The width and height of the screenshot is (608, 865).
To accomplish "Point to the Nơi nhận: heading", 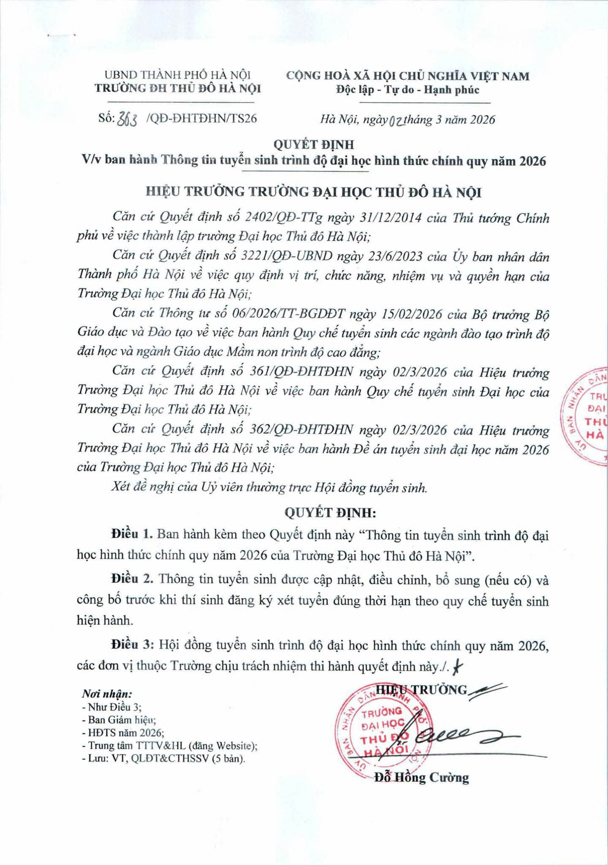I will coord(107,694).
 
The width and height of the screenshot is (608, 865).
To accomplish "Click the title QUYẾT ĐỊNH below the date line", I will coord(314,145).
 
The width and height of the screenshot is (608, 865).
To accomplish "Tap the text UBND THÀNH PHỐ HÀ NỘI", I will coord(178,76).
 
